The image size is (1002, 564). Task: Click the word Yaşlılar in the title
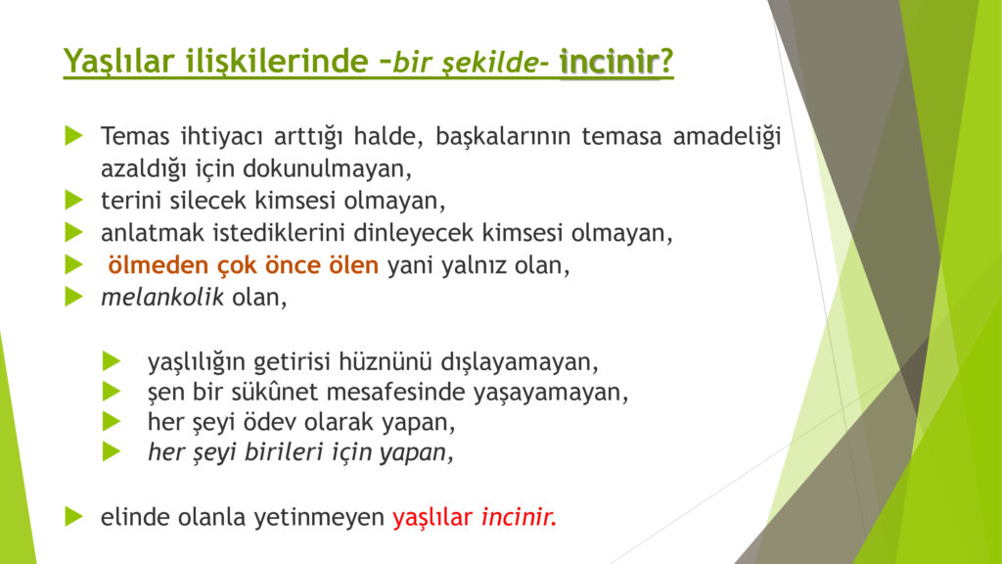118,62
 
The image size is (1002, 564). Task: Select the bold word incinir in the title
609,62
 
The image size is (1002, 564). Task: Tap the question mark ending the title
666,62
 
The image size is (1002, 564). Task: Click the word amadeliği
727,136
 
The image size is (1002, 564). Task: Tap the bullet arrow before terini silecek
74,200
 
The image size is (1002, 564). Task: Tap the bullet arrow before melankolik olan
74,297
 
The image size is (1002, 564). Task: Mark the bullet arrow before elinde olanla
74,516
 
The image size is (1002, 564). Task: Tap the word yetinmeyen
319,517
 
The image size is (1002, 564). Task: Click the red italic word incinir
519,517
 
